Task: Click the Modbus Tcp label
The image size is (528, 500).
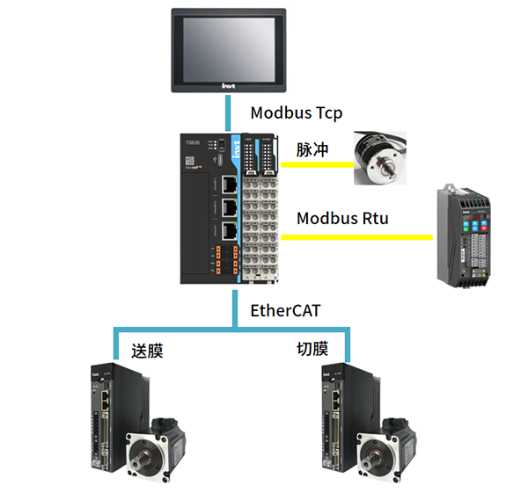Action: coord(296,113)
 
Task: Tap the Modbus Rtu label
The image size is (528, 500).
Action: coord(342,217)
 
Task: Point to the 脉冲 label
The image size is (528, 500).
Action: coord(312,150)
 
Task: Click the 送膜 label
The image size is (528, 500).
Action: coord(147,351)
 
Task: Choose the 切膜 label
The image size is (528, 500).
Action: coord(313,349)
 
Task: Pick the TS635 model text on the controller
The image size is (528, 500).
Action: coord(194,141)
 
